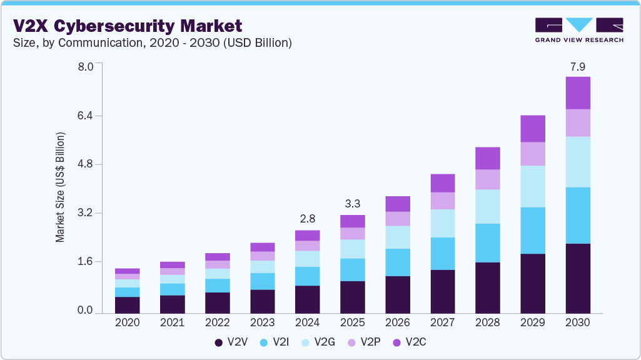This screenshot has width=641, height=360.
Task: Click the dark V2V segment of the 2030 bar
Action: coord(578,278)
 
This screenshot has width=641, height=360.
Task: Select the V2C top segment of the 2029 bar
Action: coord(533,129)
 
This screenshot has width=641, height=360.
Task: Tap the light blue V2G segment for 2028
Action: coord(488,206)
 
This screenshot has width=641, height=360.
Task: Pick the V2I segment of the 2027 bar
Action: coord(443,254)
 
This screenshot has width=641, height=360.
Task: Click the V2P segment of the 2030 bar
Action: coord(578,123)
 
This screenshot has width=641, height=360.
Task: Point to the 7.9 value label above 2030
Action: coord(578,67)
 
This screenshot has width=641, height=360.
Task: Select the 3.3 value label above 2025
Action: coord(353,204)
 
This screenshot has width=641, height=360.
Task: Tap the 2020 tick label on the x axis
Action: coord(128,323)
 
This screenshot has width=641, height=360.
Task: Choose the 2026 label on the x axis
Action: coord(398,323)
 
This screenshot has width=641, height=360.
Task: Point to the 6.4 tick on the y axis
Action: coord(85,116)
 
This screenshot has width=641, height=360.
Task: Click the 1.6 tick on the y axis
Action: coord(85,261)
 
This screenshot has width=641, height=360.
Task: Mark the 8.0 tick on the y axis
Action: coord(85,67)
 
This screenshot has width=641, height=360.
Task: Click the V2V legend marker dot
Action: coord(219,342)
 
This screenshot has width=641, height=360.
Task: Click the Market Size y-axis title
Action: coord(61,187)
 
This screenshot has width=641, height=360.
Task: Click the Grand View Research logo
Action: coord(579,29)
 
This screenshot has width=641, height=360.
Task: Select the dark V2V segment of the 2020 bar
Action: coord(128,304)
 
